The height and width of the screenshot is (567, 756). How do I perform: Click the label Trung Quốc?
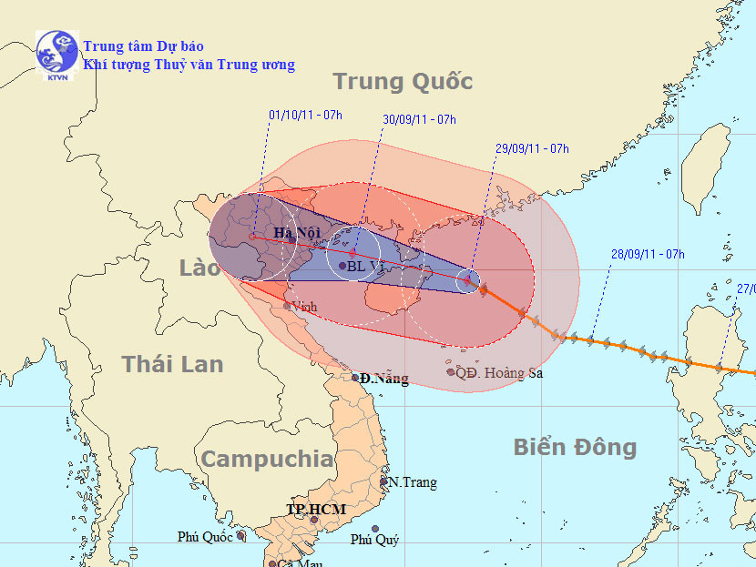[403, 82]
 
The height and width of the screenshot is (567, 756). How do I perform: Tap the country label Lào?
[199, 268]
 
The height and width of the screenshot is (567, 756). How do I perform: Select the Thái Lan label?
[172, 364]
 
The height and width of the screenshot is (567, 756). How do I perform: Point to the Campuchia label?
[267, 459]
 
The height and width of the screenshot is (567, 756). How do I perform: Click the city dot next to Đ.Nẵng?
[356, 378]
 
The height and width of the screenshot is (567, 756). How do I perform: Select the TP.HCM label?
[315, 509]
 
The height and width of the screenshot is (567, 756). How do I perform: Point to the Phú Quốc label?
[206, 537]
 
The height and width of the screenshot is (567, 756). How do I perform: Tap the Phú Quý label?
[375, 540]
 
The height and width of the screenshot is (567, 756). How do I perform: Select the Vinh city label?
[304, 308]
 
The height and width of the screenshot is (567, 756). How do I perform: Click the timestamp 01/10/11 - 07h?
[305, 115]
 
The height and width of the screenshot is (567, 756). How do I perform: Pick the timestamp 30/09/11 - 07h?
[419, 119]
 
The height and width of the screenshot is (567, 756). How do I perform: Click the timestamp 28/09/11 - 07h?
[648, 254]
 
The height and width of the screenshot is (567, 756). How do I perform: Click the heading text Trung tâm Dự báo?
[143, 46]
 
